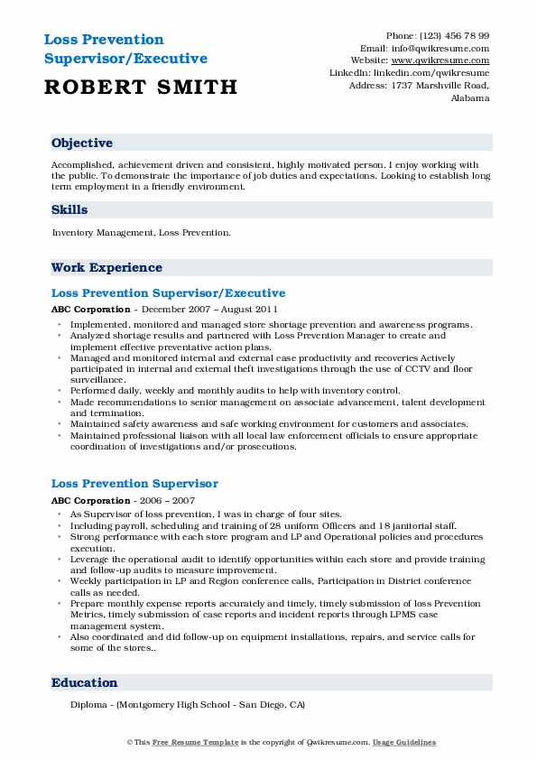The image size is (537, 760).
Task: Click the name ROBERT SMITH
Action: point(140,87)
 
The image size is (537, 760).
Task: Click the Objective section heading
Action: point(82,144)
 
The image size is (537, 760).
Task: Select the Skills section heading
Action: point(69,209)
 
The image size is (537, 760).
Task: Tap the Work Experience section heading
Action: point(106,268)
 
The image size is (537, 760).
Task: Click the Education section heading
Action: point(84,683)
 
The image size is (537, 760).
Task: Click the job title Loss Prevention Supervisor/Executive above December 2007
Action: point(168,293)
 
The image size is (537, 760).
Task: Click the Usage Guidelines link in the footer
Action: point(405,742)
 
